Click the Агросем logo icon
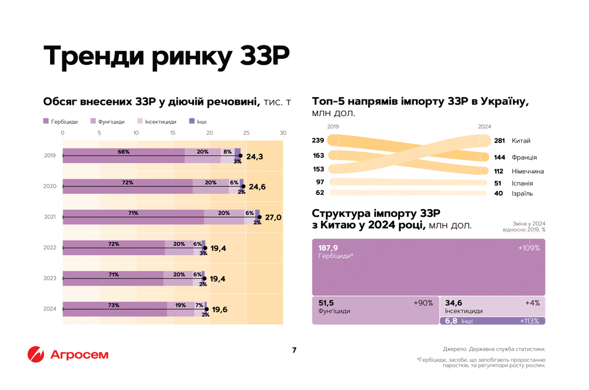(x=36, y=355)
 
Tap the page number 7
(x=294, y=351)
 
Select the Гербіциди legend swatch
(x=46, y=122)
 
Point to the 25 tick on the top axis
(x=246, y=133)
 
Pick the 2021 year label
(x=50, y=217)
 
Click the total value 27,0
(x=273, y=217)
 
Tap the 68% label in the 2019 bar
(x=124, y=151)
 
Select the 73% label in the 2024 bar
(x=114, y=305)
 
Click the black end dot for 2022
(x=205, y=248)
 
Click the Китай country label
(x=521, y=141)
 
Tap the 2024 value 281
(x=499, y=141)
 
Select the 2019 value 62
(x=320, y=193)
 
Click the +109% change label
(x=529, y=248)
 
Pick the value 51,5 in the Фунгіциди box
(x=326, y=303)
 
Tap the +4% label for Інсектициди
(x=532, y=303)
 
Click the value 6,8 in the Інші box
(x=451, y=321)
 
